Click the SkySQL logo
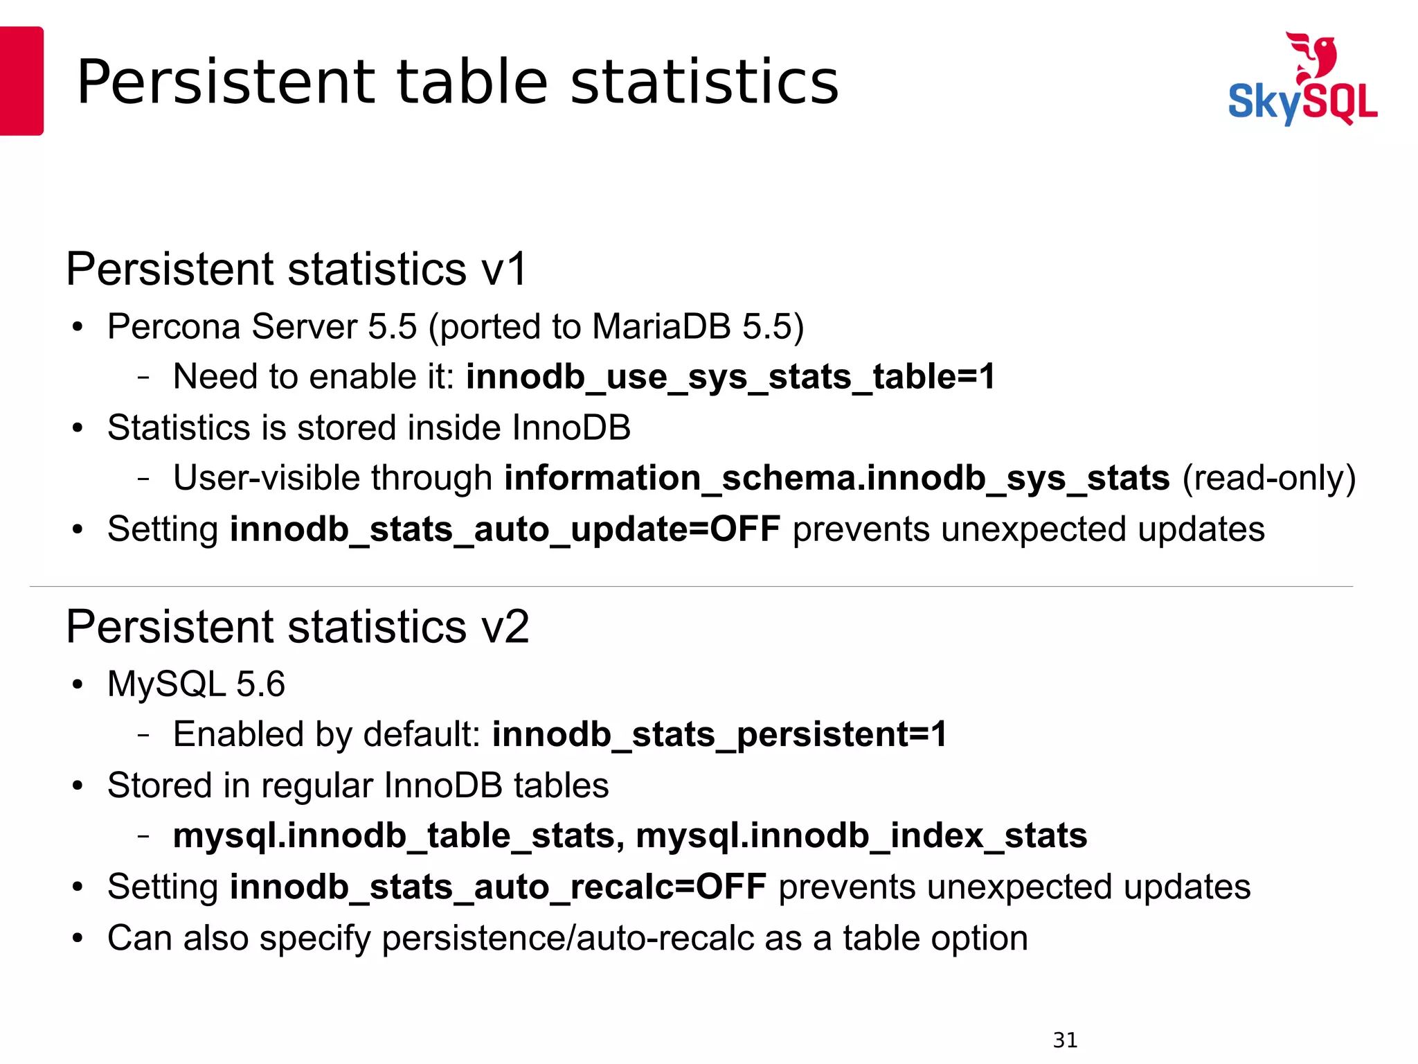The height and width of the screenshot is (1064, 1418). point(1302,80)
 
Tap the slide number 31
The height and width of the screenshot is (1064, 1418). point(1065,1040)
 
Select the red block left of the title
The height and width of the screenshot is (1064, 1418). point(21,80)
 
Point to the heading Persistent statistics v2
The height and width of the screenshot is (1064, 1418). point(297,626)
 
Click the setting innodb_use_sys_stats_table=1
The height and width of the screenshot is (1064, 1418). point(730,378)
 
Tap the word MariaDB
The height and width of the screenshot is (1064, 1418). point(661,326)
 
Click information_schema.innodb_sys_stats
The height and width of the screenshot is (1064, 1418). point(836,479)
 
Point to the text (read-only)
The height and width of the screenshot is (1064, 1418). point(1268,479)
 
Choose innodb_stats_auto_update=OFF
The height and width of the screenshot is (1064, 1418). point(505,530)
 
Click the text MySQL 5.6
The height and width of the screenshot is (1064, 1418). point(196,684)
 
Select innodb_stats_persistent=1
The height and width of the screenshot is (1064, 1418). point(719,734)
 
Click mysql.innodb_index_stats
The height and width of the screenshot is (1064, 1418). point(861,836)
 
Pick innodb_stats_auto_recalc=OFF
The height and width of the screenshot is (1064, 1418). point(498,887)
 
